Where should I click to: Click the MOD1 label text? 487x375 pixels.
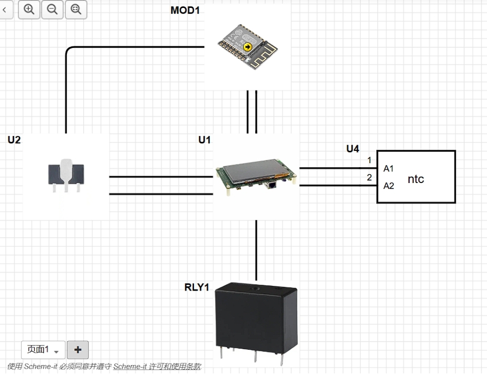185,10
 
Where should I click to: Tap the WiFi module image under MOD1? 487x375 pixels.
248,46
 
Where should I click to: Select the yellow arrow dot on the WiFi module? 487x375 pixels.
248,47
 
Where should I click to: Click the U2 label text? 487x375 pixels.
14,140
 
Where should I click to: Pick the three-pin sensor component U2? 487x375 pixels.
66,176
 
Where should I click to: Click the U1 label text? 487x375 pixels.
204,140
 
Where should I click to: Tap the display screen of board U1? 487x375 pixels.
255,170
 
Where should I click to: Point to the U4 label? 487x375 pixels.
353,149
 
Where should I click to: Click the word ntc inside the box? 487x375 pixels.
416,179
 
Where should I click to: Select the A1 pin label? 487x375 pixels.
388,168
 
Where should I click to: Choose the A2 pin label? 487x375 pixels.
388,186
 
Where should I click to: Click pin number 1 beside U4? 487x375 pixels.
369,160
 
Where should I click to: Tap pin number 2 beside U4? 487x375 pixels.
369,177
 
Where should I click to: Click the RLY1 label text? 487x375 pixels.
197,287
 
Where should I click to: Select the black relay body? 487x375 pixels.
256,319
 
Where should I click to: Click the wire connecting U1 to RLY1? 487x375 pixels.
256,251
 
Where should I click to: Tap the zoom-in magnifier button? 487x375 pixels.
29,9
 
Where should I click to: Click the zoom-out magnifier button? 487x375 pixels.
52,9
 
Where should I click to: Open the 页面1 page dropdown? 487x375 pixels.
43,350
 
